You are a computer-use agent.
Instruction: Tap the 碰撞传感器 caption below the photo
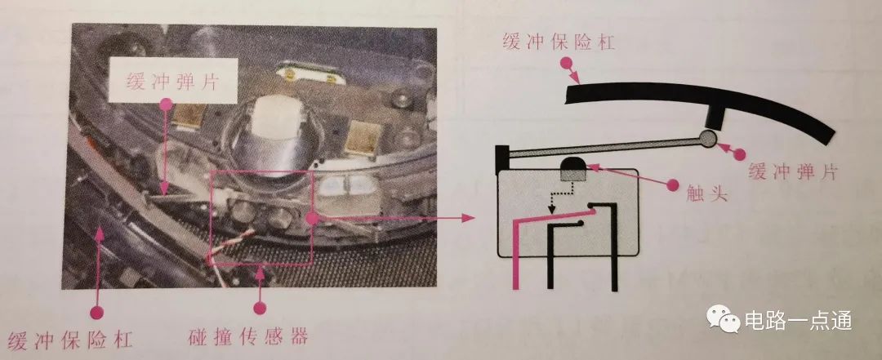coord(248,336)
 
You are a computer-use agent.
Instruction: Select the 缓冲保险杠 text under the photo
coord(71,340)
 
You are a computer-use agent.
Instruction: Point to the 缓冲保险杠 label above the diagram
coord(559,42)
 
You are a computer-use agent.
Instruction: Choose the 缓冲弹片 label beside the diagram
coord(792,171)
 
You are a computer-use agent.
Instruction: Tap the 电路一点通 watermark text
coord(798,321)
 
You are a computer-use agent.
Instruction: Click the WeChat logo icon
coord(724,319)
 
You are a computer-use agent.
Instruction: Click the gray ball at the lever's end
coord(707,139)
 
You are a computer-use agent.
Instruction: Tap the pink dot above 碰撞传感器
coord(260,308)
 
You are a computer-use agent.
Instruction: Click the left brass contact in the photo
coord(187,115)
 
